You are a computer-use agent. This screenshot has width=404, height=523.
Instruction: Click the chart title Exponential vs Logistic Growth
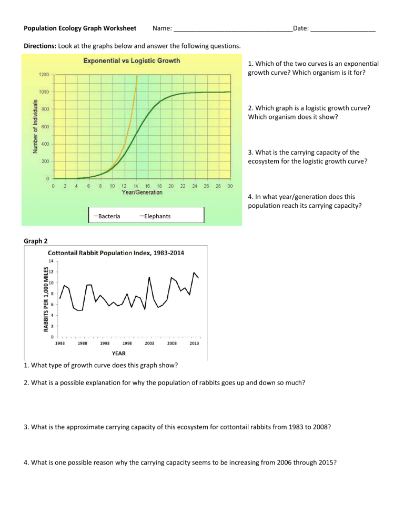(x=132, y=61)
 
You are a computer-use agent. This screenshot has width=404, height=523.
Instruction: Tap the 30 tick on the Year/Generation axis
(x=230, y=186)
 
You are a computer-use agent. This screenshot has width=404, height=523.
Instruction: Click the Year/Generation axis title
(x=142, y=193)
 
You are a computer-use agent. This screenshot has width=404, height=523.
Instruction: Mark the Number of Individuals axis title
(x=35, y=126)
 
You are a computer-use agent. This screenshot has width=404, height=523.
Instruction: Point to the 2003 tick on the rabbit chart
(x=150, y=344)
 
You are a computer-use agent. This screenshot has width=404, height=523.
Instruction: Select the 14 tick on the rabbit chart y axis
(x=51, y=260)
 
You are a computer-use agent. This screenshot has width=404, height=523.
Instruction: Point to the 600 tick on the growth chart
(x=46, y=127)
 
